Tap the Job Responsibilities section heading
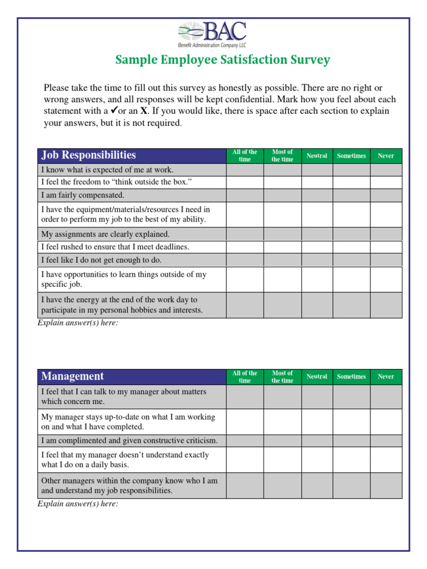[x=88, y=156]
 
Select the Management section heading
[x=72, y=376]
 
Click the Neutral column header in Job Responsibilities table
[x=317, y=156]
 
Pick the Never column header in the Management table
[x=386, y=376]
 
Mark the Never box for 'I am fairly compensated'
[x=386, y=195]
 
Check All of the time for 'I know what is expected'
[x=245, y=169]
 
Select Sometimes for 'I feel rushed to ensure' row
[x=351, y=247]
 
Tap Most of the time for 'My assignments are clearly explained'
[x=282, y=234]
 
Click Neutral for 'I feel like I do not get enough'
[x=317, y=259]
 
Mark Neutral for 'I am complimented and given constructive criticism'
[x=317, y=441]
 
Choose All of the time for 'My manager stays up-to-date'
[x=245, y=422]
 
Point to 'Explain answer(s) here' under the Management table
[x=78, y=504]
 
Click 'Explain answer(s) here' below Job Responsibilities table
[x=78, y=323]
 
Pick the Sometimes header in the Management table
[x=351, y=376]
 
